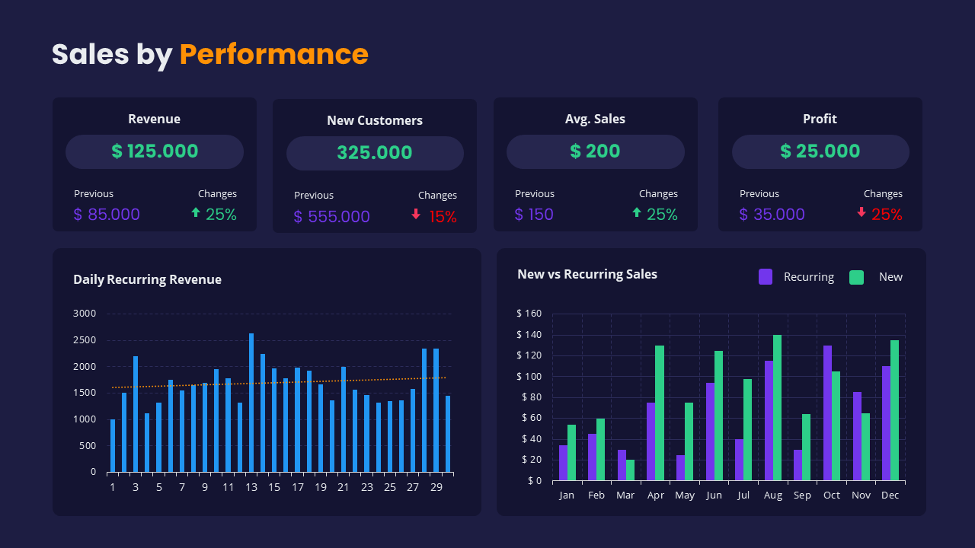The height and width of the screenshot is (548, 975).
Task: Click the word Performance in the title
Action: (273, 54)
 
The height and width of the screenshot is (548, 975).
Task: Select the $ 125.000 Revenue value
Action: (155, 151)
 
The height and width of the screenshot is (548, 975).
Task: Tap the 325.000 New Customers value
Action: (375, 153)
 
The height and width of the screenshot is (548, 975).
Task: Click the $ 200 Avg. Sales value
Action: (595, 151)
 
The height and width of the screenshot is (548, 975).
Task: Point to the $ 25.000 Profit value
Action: (820, 151)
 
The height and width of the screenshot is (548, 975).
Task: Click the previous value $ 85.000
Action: (107, 215)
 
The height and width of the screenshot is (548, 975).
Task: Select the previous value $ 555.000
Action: (331, 217)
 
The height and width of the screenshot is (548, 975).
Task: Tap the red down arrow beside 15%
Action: (416, 215)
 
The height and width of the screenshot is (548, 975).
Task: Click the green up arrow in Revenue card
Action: (196, 213)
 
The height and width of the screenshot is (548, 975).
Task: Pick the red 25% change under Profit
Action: (887, 215)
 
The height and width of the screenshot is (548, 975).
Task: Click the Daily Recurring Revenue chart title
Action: (147, 279)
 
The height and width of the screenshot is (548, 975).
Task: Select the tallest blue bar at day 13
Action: (251, 402)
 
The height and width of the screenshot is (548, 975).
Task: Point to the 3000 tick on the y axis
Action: (85, 314)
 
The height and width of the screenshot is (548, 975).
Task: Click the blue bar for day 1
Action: (113, 445)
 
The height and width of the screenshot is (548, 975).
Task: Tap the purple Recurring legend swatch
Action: (766, 277)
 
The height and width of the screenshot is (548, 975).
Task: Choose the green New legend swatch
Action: (856, 277)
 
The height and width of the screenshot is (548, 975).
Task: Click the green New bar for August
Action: (777, 407)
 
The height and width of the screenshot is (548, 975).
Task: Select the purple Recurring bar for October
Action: (827, 413)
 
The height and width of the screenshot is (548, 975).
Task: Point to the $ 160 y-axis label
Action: (529, 314)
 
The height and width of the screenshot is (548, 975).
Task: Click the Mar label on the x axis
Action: (625, 495)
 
